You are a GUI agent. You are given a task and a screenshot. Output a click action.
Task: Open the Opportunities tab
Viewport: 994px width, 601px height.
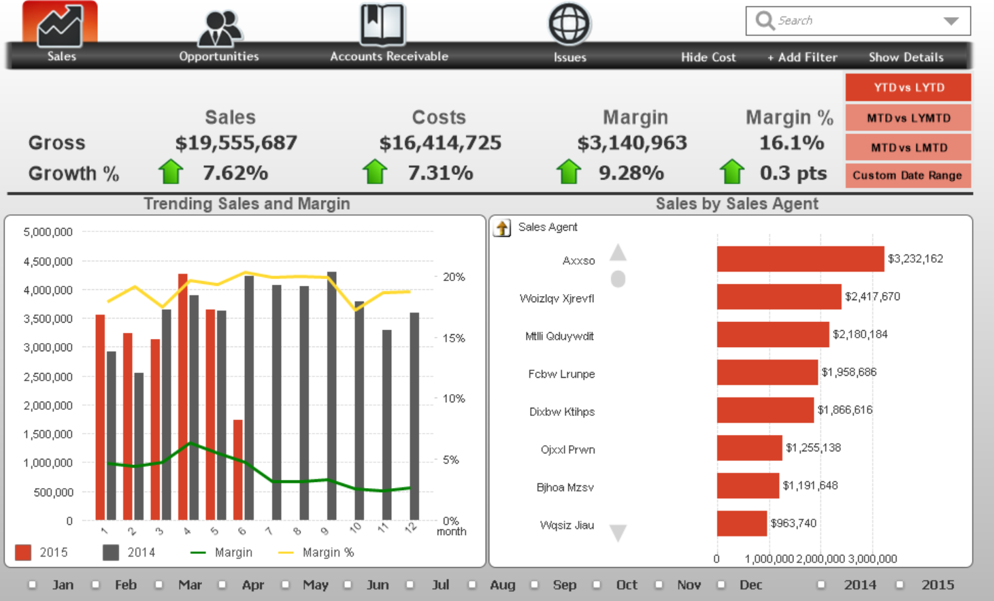point(219,31)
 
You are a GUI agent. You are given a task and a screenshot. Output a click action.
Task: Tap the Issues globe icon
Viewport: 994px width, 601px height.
point(569,25)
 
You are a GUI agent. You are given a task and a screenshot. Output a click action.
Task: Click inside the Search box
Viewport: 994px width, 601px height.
point(850,21)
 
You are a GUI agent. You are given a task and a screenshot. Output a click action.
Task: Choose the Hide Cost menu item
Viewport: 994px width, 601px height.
point(708,57)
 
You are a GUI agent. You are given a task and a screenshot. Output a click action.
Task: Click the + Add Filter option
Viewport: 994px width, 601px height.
point(802,57)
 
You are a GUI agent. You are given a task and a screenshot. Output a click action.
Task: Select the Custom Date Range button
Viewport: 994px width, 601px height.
point(907,176)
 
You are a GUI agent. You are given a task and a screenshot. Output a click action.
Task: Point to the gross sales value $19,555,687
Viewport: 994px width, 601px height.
point(236,143)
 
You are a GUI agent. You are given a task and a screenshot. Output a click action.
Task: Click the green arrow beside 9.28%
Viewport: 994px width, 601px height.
point(569,172)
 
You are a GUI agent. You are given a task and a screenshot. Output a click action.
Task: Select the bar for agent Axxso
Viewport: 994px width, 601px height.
point(800,259)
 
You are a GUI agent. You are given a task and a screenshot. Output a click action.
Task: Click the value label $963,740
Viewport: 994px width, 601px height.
point(793,523)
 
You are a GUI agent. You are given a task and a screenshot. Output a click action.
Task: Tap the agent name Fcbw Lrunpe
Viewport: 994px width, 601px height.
point(561,374)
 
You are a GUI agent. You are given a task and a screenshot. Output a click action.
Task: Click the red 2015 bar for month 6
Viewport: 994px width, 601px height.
point(238,470)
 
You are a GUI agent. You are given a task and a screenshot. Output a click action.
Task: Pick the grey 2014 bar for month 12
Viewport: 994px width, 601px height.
point(414,415)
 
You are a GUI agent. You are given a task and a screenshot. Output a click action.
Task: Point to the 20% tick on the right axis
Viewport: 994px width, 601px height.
point(454,277)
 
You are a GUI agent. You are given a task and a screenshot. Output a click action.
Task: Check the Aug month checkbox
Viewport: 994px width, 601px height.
point(473,585)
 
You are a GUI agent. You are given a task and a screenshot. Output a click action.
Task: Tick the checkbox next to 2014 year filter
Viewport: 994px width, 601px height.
point(822,585)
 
